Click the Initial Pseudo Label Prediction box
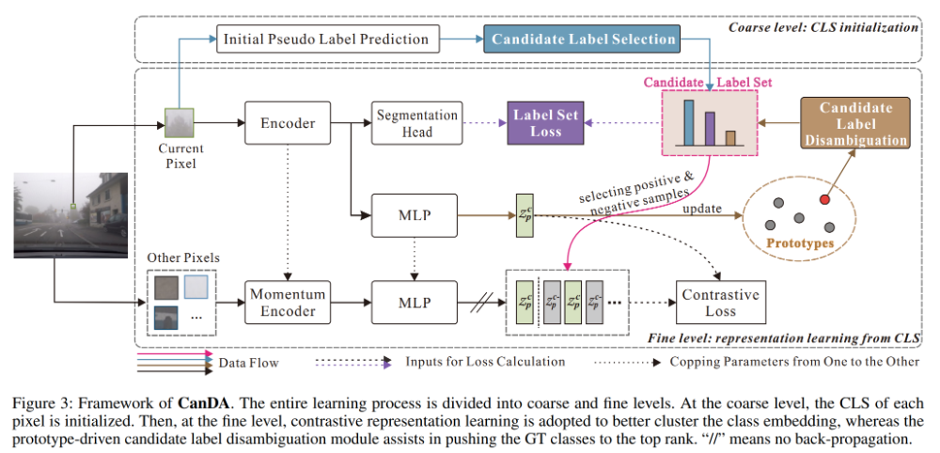tap(325, 39)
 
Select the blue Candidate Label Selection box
tap(582, 39)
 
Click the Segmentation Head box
tap(417, 123)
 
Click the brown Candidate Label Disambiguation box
tap(855, 124)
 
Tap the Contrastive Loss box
tap(720, 303)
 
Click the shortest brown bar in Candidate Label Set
tap(730, 139)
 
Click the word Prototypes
tap(801, 242)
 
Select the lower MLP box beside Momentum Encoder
tap(415, 303)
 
